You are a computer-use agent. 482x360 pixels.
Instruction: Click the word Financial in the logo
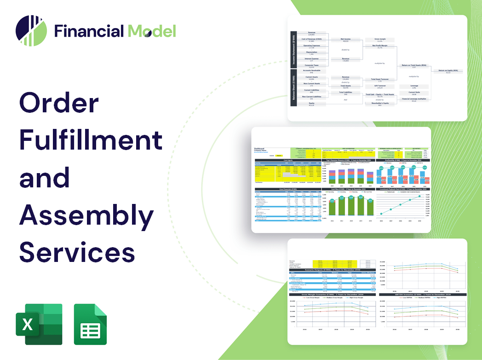pos(89,31)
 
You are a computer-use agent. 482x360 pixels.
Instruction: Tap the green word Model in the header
pos(152,31)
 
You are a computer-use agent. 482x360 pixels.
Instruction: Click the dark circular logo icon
pos(31,30)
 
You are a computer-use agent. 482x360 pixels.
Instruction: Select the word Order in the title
pos(58,104)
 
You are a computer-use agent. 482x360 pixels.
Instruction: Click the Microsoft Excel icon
pos(39,324)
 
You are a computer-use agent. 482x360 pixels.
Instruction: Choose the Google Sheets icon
pos(91,324)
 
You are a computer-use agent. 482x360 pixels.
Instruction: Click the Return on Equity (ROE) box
pos(448,71)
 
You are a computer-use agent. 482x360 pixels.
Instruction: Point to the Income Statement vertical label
pos(293,50)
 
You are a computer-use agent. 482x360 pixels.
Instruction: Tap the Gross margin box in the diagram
pos(380,41)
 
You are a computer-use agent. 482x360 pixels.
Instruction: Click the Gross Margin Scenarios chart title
pos(327,294)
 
